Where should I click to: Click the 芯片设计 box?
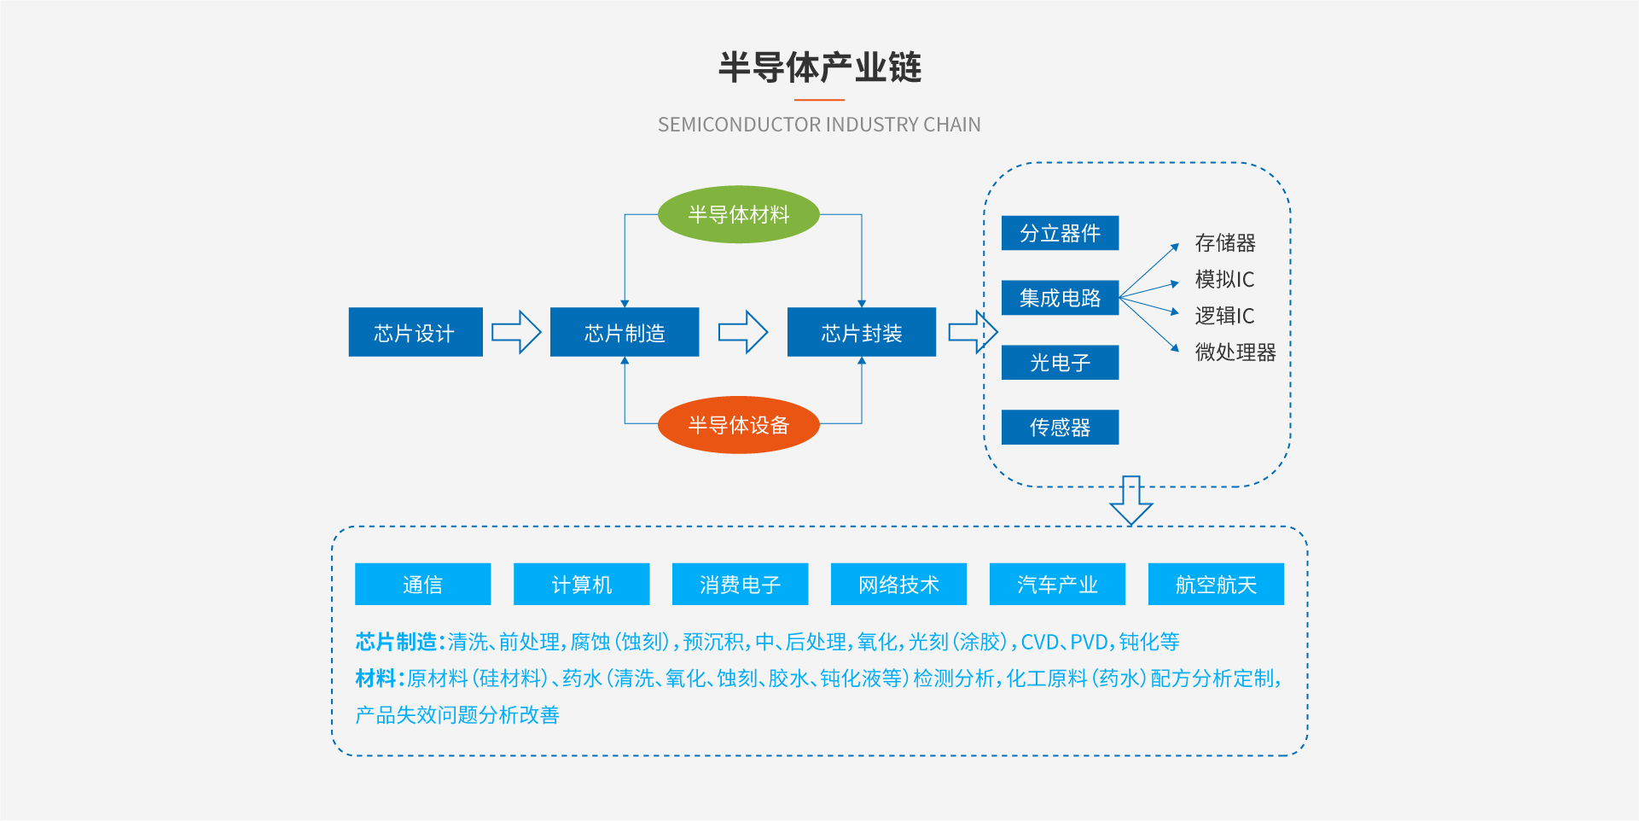(416, 332)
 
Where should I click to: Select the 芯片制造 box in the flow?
(625, 332)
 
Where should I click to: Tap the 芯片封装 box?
(861, 332)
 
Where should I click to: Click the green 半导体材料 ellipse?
(738, 214)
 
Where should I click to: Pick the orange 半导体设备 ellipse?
(738, 425)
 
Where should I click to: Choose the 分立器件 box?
(1060, 233)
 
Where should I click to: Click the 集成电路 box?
(1060, 298)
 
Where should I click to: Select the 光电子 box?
(1060, 363)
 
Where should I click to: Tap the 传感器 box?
(1060, 428)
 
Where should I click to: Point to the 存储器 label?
(1225, 243)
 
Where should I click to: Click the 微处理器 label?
(1235, 352)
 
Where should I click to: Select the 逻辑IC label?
(1224, 316)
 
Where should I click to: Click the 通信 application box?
(422, 585)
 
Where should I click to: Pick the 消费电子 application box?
(740, 585)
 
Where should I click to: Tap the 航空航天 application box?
(1216, 585)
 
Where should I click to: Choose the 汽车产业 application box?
(1057, 585)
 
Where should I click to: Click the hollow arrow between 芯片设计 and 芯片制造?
(516, 332)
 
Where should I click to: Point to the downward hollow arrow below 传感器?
(1131, 500)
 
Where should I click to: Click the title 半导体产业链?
(819, 67)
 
